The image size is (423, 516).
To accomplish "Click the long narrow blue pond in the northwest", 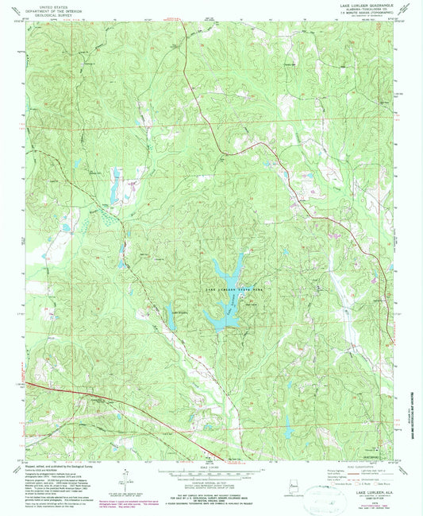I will pyautogui.click(x=117, y=185).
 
